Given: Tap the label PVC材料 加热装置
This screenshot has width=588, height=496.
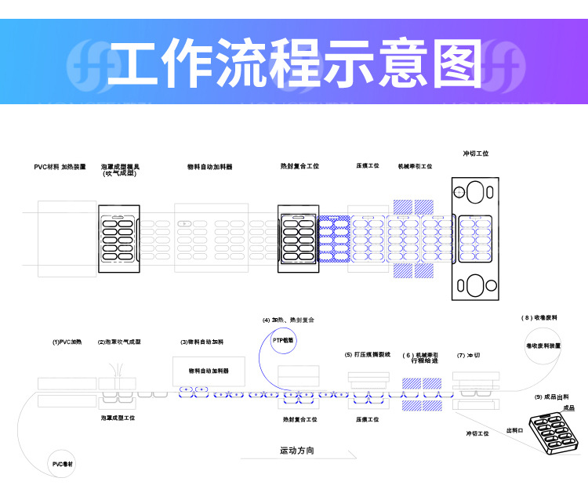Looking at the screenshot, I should point(60,167).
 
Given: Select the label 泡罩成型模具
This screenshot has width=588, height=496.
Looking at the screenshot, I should point(120,167).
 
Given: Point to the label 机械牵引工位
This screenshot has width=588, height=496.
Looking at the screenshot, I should point(415,166).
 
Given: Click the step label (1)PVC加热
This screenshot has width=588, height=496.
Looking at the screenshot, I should point(67,342).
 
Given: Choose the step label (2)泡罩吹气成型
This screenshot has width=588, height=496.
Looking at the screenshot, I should point(119,342).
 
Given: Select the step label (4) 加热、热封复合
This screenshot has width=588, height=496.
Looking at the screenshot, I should point(288,320).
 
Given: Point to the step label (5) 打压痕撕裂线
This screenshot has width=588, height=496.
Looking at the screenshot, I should point(368,354).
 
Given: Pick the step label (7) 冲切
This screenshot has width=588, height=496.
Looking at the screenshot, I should point(469,355).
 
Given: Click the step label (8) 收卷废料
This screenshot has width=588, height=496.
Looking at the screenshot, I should point(539,317).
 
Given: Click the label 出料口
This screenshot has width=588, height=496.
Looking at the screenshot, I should point(514,429).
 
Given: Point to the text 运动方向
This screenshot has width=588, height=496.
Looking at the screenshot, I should point(297,451).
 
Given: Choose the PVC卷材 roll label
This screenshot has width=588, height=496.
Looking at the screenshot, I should point(64,464).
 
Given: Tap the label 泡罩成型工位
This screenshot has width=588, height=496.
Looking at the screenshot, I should point(118,418).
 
